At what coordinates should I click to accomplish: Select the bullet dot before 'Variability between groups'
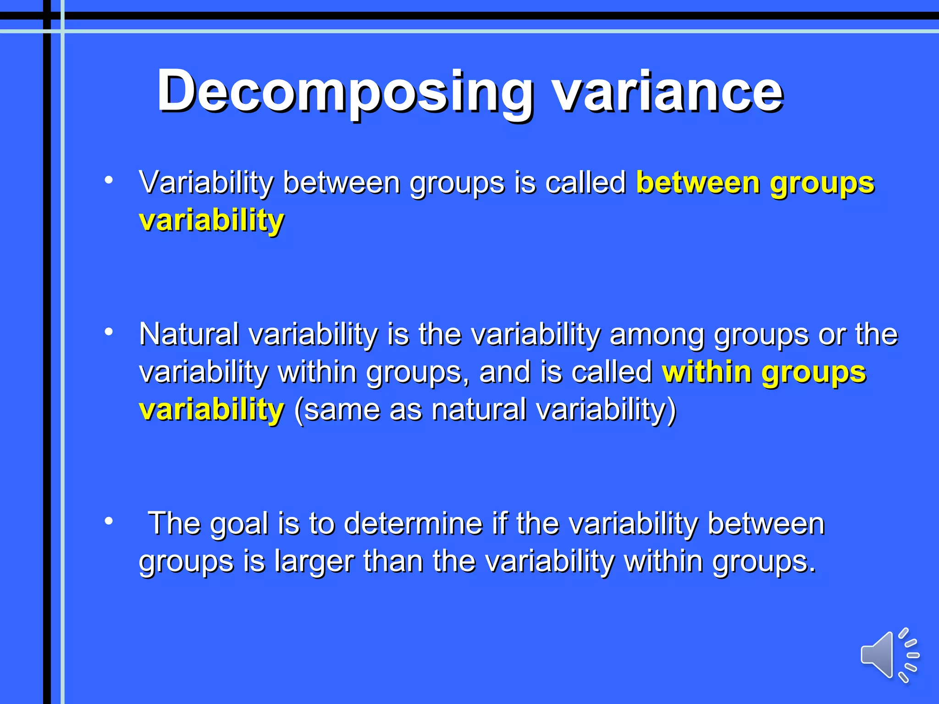(109, 180)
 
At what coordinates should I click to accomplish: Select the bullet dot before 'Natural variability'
(109, 331)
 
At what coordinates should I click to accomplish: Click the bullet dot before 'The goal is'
(109, 521)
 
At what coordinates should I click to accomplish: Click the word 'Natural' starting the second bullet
(189, 334)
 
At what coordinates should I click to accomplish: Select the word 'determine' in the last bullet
(413, 523)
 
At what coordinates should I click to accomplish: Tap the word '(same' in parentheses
(337, 410)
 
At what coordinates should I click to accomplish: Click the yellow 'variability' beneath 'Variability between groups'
(211, 220)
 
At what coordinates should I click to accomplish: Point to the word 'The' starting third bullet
(174, 523)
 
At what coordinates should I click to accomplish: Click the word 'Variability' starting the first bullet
(206, 183)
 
